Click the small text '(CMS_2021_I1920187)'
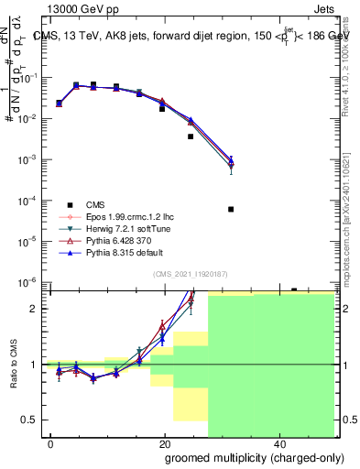[x=189, y=274]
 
